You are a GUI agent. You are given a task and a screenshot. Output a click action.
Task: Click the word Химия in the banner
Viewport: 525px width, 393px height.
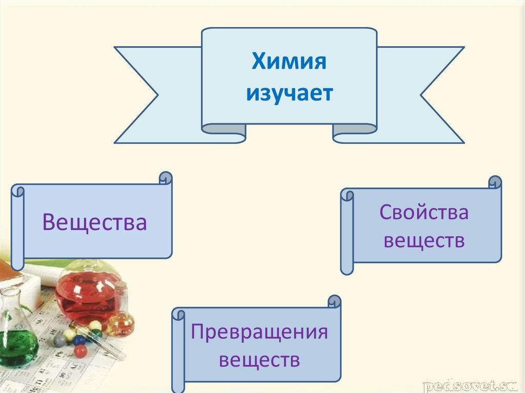pos(289,64)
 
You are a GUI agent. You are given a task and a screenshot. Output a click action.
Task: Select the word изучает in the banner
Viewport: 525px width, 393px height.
pos(289,93)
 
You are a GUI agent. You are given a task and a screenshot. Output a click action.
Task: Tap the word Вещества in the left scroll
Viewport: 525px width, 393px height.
pos(95,223)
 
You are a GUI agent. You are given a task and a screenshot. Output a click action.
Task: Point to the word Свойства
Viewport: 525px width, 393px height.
pos(424,212)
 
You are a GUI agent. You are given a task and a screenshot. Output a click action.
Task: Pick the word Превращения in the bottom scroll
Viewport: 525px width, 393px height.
pos(259,332)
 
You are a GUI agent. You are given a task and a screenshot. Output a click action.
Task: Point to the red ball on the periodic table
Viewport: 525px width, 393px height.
pos(80,351)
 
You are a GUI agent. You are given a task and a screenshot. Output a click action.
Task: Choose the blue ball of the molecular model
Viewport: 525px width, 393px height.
pos(78,340)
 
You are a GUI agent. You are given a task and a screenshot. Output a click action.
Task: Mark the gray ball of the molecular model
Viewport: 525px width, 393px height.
pos(60,340)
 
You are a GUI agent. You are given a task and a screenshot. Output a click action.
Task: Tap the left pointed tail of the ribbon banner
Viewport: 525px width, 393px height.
pos(136,95)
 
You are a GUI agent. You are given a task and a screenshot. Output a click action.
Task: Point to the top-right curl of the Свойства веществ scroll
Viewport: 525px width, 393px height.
pos(495,183)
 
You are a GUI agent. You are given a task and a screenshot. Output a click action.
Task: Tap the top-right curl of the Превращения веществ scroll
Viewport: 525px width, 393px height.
pos(334,302)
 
